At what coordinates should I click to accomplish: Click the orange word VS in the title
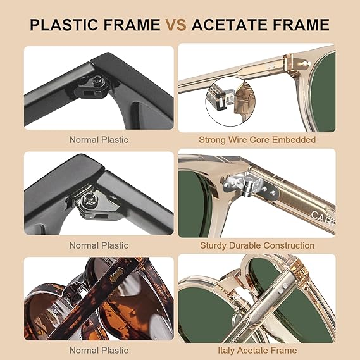[x=176, y=25]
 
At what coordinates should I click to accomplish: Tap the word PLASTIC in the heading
[x=64, y=25]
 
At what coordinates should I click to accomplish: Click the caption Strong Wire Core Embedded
[x=257, y=140]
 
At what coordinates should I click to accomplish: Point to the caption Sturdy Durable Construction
[x=257, y=245]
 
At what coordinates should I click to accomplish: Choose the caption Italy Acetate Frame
[x=257, y=351]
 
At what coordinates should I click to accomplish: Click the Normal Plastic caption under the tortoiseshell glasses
[x=99, y=351]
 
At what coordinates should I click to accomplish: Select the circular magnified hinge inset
[x=230, y=101]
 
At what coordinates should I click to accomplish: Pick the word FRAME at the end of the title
[x=301, y=25]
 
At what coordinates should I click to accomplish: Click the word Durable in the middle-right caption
[x=245, y=245]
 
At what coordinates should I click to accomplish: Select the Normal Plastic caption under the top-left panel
[x=99, y=140]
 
